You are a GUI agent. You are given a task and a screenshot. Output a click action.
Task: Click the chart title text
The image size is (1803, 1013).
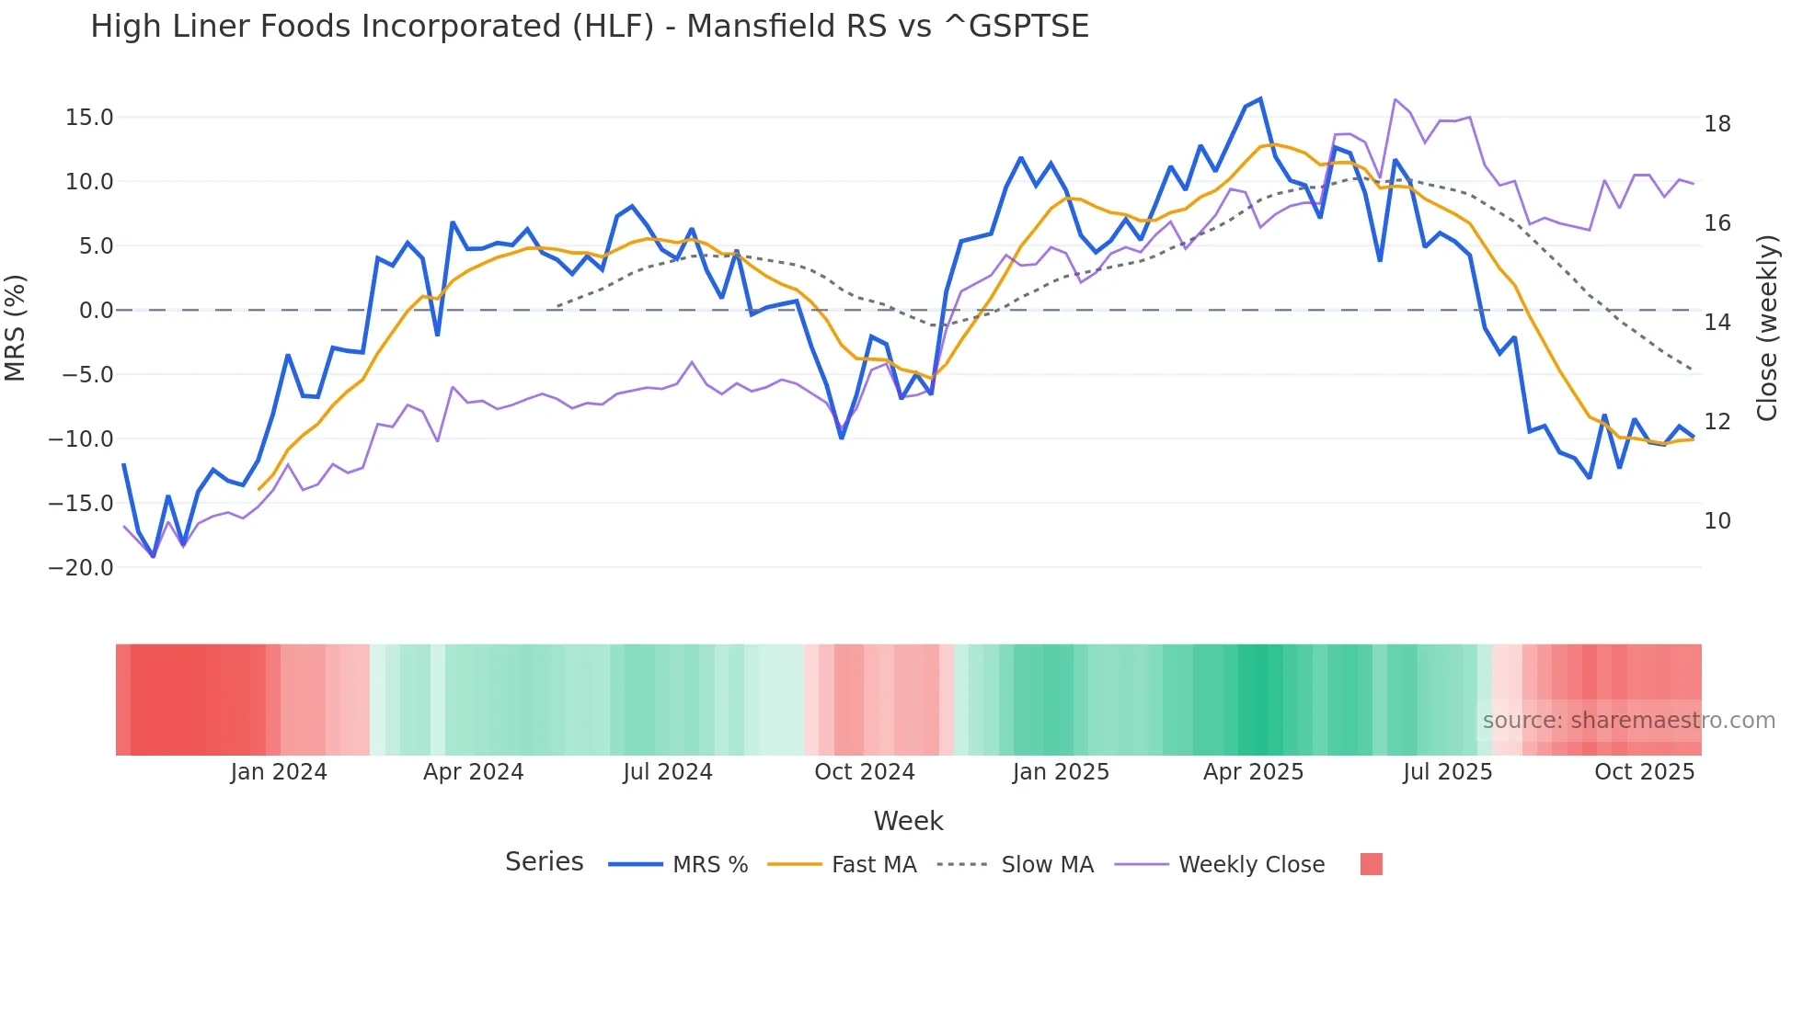pyautogui.click(x=589, y=27)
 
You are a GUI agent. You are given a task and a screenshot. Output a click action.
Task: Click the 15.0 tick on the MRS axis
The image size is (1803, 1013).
pyautogui.click(x=89, y=118)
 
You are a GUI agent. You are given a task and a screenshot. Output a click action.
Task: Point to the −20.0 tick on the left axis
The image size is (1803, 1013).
pyautogui.click(x=82, y=568)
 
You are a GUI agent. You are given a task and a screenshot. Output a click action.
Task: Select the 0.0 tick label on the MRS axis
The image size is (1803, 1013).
pyautogui.click(x=96, y=311)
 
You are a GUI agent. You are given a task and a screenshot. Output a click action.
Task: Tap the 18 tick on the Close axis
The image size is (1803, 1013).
pyautogui.click(x=1717, y=124)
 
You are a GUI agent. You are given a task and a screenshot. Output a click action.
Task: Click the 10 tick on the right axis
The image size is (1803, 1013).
pyautogui.click(x=1717, y=521)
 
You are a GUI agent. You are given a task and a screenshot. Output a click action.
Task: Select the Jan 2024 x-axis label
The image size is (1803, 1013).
pyautogui.click(x=279, y=772)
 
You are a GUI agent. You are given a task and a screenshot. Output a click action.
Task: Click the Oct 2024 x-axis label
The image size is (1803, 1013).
pyautogui.click(x=865, y=772)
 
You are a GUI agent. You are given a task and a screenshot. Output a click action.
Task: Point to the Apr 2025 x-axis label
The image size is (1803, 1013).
pyautogui.click(x=1253, y=772)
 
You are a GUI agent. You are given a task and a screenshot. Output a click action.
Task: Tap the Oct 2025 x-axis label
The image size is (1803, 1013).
pyautogui.click(x=1644, y=772)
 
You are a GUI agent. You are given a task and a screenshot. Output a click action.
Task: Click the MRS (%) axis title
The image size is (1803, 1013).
pyautogui.click(x=16, y=328)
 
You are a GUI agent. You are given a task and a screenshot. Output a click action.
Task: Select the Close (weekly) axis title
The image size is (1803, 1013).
pyautogui.click(x=1767, y=328)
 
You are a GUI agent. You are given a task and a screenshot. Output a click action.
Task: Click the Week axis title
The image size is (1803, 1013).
pyautogui.click(x=908, y=821)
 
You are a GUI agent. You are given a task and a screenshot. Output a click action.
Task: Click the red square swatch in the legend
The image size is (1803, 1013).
pyautogui.click(x=1371, y=864)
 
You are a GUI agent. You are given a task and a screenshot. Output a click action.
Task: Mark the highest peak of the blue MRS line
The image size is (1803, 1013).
pyautogui.click(x=1260, y=98)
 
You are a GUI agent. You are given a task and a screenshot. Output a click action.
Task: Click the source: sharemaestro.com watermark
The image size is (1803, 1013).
pyautogui.click(x=1628, y=721)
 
